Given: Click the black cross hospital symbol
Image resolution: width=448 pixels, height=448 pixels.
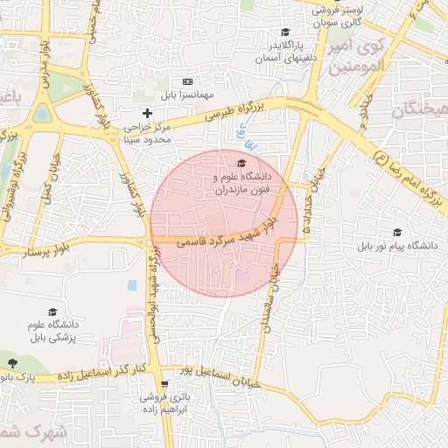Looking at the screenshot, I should click(x=147, y=113).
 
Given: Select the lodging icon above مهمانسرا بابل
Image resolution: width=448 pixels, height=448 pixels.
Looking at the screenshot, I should click(x=186, y=81).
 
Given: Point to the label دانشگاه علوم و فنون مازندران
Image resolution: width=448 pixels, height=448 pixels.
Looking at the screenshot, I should click(x=241, y=182).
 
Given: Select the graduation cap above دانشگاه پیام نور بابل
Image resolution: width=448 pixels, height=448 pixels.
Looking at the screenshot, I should click(x=397, y=232).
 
